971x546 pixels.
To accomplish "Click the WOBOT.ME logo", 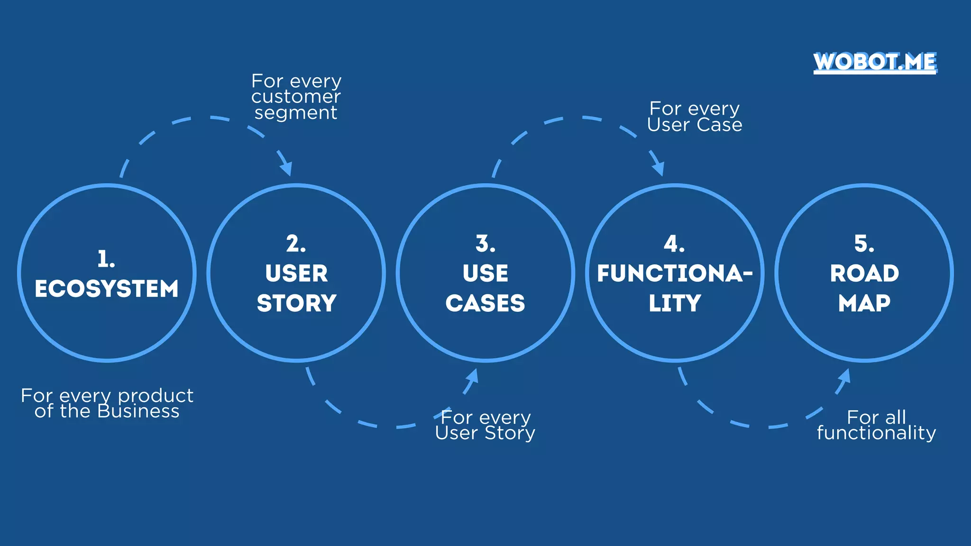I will coord(875,62).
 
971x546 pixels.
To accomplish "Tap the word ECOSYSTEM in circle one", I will coord(107,289).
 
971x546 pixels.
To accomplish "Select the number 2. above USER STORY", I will coord(296,244).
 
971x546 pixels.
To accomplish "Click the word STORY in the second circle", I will coord(296,303).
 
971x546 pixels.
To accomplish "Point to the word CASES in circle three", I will coord(485,303).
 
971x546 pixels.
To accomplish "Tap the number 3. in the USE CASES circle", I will coord(485,244).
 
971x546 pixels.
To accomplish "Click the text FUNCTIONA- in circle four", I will coord(674,273).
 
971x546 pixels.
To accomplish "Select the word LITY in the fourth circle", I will coord(674,303).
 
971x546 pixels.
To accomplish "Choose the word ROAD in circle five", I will coord(864,273).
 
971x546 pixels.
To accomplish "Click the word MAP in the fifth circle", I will coord(864,303).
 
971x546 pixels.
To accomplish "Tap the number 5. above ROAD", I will coord(864,244).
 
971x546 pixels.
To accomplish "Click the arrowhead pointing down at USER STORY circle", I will coord(286,168).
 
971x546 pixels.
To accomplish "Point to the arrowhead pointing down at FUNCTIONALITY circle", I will coord(659,168).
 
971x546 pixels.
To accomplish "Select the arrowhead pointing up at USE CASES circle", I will coord(472,376).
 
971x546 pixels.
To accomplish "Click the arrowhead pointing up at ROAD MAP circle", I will coord(844,376).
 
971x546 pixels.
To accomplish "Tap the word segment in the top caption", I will coord(296,113).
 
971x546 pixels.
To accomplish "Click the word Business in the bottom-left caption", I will coord(138,411).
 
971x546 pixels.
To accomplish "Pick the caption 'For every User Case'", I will coord(694,117).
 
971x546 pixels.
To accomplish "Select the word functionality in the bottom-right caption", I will coord(876,433).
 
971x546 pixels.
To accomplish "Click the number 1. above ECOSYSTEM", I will coord(106,259).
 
